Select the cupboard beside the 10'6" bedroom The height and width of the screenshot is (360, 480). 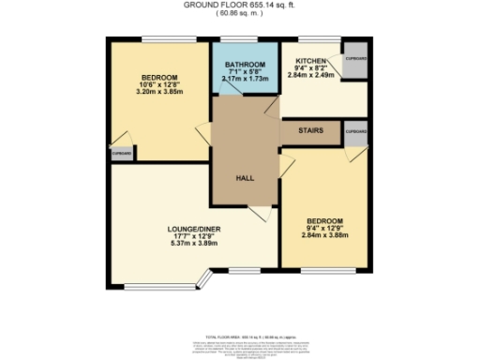click(121, 152)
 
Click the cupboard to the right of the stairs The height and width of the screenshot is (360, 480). click(355, 132)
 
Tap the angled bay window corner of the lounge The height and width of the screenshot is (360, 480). click(208, 277)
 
